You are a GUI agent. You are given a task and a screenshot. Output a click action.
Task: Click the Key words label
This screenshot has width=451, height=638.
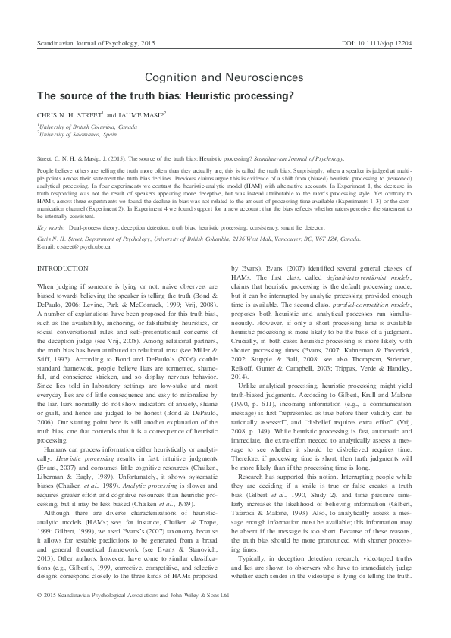pos(51,227)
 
